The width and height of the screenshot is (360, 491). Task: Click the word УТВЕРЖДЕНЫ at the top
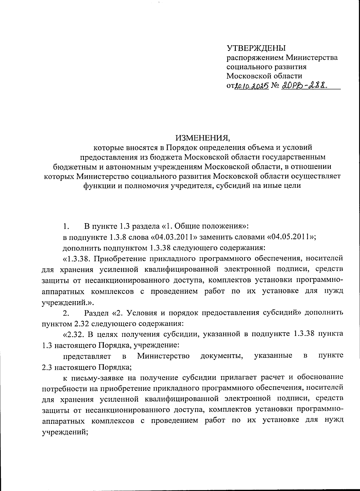tap(256, 48)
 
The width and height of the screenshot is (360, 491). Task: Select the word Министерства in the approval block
tap(312, 57)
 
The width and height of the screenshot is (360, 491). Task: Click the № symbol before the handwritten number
tap(275, 86)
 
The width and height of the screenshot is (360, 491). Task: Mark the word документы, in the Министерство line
tap(222, 356)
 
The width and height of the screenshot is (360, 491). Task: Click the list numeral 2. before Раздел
tap(66, 313)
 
